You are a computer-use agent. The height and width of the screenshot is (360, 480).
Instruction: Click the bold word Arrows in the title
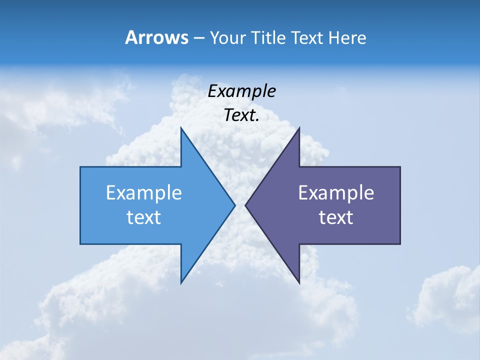[156, 37]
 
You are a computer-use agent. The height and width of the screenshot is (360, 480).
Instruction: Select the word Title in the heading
[269, 37]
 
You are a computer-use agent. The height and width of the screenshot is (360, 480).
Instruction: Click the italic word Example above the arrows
[242, 91]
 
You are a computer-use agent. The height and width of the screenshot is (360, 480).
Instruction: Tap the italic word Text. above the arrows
[242, 115]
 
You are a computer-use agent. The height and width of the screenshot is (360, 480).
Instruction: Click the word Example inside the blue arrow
[144, 192]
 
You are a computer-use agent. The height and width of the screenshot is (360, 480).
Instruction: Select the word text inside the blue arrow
[144, 217]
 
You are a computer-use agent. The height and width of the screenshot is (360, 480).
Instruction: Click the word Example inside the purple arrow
[336, 192]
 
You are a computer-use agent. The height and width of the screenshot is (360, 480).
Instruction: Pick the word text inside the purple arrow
[336, 217]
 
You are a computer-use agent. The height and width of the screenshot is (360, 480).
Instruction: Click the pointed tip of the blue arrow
[234, 205]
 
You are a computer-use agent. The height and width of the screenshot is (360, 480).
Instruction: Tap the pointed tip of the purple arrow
[245, 205]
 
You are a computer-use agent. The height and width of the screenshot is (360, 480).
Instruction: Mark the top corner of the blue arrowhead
[181, 128]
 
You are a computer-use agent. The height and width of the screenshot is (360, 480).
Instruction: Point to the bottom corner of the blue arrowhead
[181, 283]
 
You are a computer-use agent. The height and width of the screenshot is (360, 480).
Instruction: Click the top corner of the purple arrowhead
[299, 128]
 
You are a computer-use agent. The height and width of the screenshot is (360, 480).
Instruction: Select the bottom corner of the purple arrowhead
[299, 283]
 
